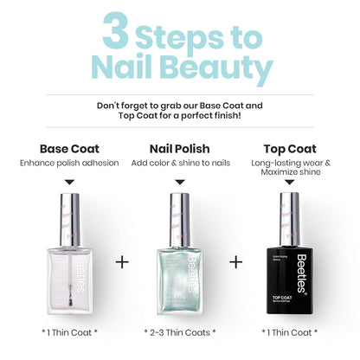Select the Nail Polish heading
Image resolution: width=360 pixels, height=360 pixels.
pos(180,147)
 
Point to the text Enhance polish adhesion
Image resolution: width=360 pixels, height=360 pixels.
pos(69,163)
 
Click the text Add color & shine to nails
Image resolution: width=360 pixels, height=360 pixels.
pos(180,163)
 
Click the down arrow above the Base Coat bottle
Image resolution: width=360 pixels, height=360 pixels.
pos(69,183)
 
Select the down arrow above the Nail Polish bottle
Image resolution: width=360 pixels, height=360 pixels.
pos(180,183)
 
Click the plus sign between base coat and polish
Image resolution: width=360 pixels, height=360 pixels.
pos(122,260)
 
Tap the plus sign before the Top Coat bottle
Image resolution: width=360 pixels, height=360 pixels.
pos(235,260)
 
